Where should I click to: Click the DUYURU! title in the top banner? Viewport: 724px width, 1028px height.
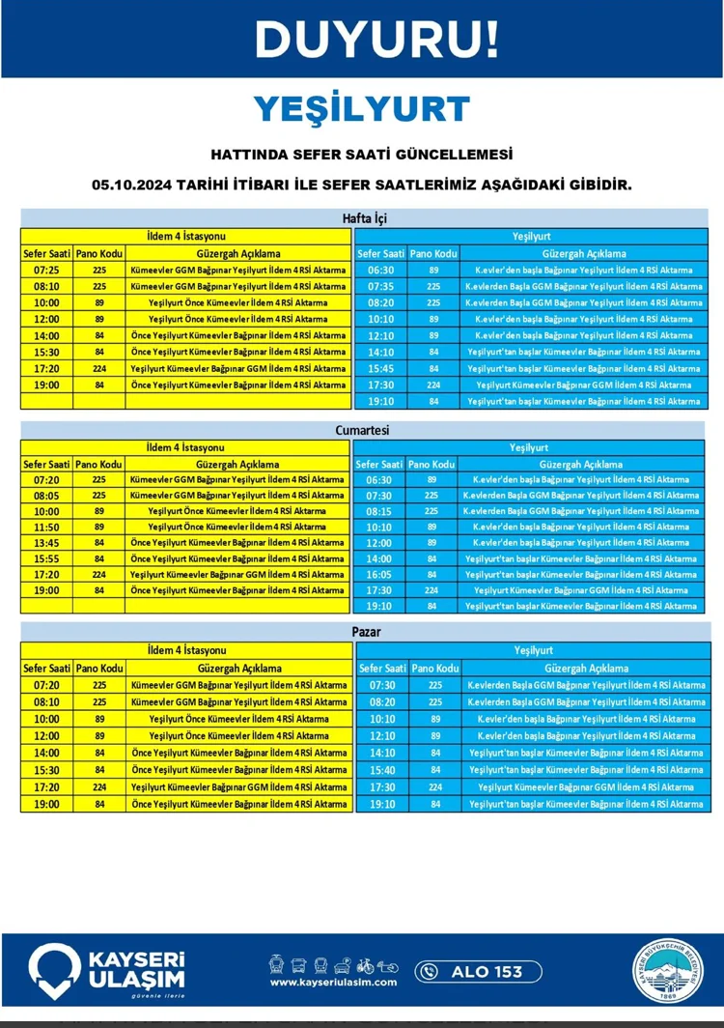tap(377, 39)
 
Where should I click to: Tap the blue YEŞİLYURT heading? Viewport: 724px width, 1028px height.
tap(362, 109)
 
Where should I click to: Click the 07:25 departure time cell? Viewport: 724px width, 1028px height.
tap(46, 271)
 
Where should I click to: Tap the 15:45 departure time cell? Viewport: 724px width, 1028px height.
tap(380, 368)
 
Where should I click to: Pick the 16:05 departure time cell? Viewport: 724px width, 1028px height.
tap(380, 574)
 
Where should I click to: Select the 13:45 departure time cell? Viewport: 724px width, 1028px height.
tap(46, 543)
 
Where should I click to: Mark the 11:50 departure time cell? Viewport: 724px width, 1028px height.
tap(46, 527)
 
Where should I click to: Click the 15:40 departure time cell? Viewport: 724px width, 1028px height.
tap(382, 770)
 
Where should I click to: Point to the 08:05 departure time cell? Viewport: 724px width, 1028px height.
tap(46, 496)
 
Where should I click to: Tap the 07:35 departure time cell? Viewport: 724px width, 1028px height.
tap(380, 287)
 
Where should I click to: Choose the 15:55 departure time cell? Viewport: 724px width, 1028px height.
tap(46, 558)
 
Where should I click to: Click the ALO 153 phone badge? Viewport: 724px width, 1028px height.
tap(478, 971)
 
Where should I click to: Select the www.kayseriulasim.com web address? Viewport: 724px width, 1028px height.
tap(333, 983)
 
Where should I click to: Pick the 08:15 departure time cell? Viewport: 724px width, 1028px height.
tap(380, 511)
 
